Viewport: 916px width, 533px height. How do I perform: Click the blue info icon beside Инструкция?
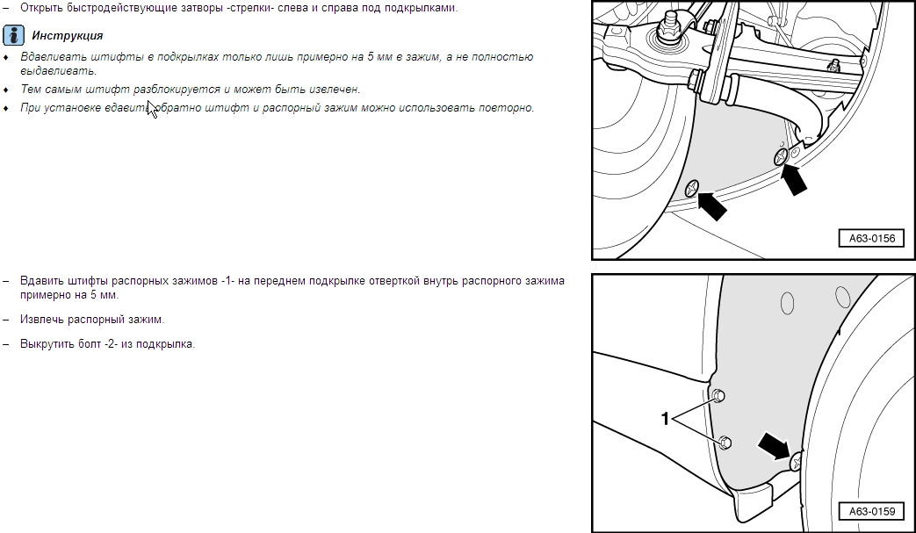13,35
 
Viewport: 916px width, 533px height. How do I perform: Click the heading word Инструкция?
67,36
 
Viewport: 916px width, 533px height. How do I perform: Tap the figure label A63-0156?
871,238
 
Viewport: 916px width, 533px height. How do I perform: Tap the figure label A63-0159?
871,511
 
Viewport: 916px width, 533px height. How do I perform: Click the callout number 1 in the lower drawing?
665,419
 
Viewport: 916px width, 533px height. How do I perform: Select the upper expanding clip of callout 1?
718,396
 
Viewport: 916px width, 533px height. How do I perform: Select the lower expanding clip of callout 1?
725,443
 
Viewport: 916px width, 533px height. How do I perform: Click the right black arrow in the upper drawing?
794,178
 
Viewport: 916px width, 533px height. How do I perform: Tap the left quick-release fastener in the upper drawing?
692,188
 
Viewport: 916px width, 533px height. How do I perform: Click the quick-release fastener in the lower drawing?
796,463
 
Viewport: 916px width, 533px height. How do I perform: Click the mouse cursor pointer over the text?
152,109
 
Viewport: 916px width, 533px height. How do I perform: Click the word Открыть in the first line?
40,8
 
